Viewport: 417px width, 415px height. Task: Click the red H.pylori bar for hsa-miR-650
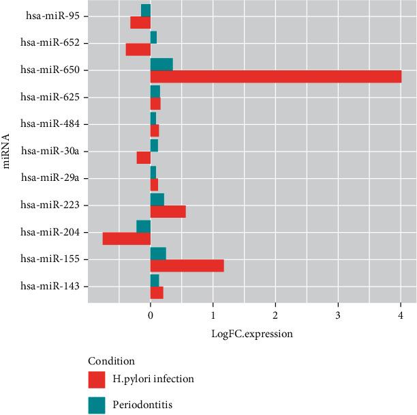(275, 76)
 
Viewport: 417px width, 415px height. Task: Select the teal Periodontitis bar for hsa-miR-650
(161, 64)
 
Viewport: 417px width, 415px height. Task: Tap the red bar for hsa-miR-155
(187, 266)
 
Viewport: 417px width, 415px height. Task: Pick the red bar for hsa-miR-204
(127, 239)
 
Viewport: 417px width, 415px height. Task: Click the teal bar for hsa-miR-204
(143, 227)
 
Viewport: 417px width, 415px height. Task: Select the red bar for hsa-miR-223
(168, 212)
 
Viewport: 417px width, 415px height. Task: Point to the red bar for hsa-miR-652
(138, 49)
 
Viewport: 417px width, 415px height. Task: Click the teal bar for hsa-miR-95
(146, 10)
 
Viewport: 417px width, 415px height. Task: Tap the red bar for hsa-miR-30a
(143, 158)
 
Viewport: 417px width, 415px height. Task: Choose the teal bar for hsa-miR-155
(158, 254)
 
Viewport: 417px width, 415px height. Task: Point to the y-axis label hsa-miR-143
(50, 287)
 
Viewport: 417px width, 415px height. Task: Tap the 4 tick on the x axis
(401, 316)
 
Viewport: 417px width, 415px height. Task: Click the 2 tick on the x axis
(275, 316)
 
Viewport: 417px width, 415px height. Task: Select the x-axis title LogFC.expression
(253, 334)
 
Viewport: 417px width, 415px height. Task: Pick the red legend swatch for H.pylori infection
(97, 379)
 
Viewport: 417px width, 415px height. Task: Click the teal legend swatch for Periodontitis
(97, 405)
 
